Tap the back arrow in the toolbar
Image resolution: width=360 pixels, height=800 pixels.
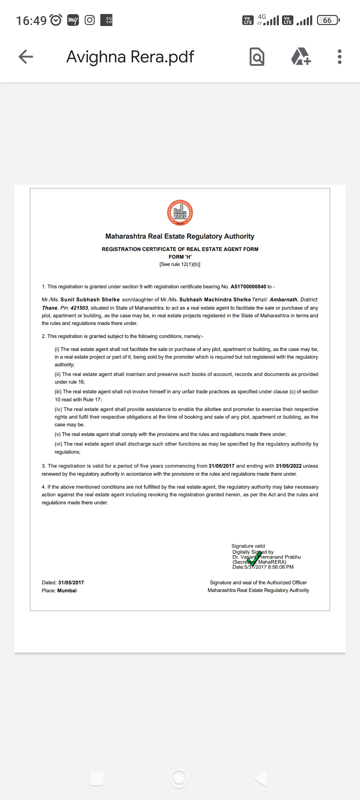pos(26,57)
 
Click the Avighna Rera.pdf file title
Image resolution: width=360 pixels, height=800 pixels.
pos(130,57)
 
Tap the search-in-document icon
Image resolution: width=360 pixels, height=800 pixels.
pos(257,57)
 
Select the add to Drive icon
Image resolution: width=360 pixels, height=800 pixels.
pos(301,57)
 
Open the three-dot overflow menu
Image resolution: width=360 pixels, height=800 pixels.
pos(339,57)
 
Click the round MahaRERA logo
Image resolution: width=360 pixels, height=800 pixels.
pos(180,213)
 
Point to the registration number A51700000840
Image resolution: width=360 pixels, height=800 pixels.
pos(248,287)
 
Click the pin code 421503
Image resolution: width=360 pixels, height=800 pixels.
pos(79,308)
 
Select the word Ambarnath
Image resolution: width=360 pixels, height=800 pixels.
pos(283,300)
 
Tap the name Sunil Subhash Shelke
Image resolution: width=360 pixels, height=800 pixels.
pos(90,300)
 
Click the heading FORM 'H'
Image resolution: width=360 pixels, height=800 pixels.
pos(180,257)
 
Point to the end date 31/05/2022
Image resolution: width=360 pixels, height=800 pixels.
pos(289,466)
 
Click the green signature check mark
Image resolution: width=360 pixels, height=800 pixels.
pos(255,558)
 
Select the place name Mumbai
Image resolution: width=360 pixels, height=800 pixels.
pos(67,590)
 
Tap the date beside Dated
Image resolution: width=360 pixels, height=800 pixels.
pos(71,582)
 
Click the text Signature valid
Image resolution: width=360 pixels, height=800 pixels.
pos(248,546)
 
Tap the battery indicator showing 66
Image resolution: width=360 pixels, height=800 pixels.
pos(328,20)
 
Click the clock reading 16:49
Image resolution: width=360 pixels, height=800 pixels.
pos(31,20)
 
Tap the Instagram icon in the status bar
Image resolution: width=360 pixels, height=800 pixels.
pos(90,20)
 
